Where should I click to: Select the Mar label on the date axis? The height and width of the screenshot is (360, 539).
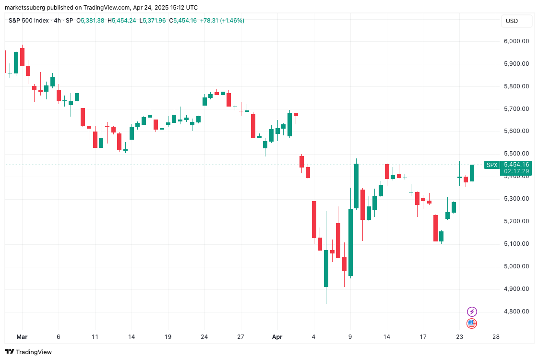pos(22,337)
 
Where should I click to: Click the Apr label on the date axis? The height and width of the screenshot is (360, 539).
pos(277,337)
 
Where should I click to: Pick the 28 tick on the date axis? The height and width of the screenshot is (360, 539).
pos(496,337)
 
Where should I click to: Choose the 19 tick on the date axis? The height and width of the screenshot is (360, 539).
pos(168,337)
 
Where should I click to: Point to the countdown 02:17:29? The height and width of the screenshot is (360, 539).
pos(516,171)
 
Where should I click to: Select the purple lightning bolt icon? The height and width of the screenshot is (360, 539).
pos(472,312)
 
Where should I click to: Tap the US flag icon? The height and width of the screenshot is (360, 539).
pos(472,324)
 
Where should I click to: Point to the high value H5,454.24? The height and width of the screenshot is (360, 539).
pos(122,21)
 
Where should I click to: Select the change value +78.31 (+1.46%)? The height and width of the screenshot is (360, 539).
pos(222,21)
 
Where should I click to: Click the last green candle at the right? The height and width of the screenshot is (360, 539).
pos(472,173)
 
